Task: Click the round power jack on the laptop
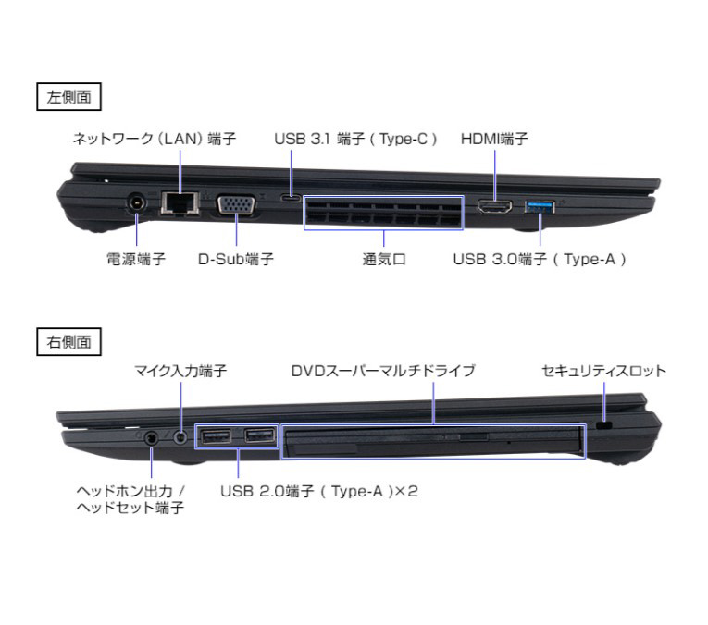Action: click(x=136, y=203)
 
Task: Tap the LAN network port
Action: click(x=180, y=202)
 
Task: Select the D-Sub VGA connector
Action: click(x=236, y=204)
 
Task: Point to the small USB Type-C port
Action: click(x=292, y=198)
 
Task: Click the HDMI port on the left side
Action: click(x=495, y=207)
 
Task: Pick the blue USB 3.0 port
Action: click(x=540, y=207)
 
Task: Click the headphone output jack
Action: click(x=151, y=438)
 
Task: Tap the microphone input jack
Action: click(x=180, y=437)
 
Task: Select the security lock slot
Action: click(x=603, y=425)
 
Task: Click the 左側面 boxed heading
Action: click(x=68, y=96)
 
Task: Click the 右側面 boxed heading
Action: click(x=68, y=342)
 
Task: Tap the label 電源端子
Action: click(x=136, y=259)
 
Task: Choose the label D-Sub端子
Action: click(x=236, y=259)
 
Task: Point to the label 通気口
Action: click(x=384, y=259)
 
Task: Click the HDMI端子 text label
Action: click(x=494, y=139)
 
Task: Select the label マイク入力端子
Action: click(x=180, y=371)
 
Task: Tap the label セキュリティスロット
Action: click(x=603, y=371)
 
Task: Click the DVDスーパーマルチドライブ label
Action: click(x=383, y=371)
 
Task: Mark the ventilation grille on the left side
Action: click(x=384, y=213)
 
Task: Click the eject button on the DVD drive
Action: click(x=474, y=436)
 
